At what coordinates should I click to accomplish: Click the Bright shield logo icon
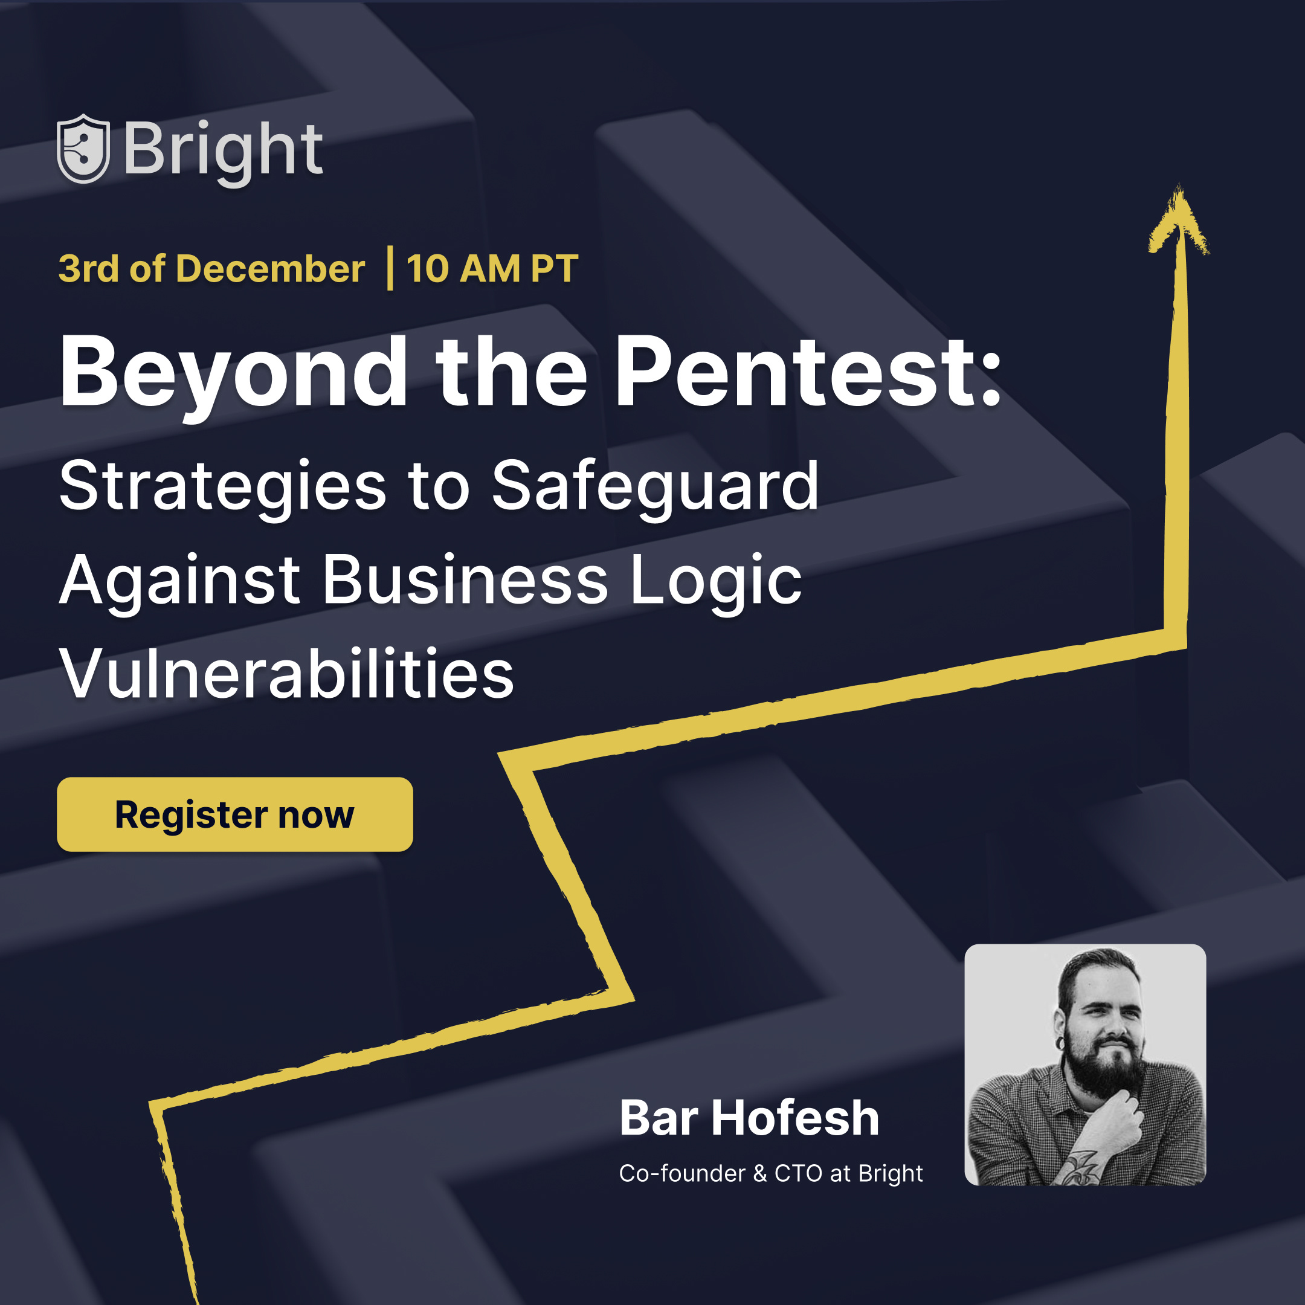click(83, 149)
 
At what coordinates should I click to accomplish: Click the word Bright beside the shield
click(223, 150)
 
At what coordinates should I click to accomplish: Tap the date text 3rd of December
click(211, 269)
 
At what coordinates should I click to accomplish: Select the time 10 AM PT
click(492, 269)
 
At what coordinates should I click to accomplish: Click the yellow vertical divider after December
click(390, 269)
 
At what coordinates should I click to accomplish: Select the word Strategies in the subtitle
click(223, 486)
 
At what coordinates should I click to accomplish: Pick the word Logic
click(716, 581)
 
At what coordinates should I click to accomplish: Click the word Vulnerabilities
click(286, 674)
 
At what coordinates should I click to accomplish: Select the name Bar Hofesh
click(749, 1118)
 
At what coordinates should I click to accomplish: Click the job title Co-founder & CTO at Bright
click(770, 1173)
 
